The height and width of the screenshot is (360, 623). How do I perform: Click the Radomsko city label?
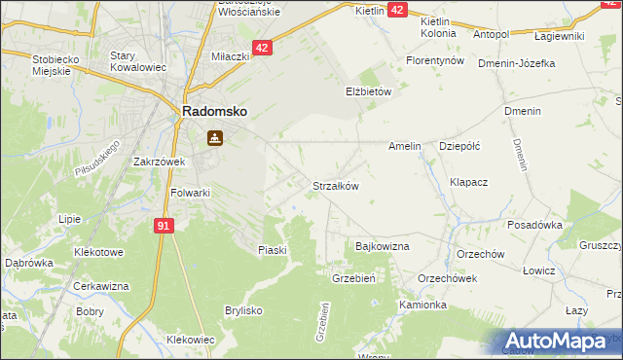pyautogui.click(x=214, y=112)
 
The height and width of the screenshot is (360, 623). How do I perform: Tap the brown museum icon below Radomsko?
pyautogui.click(x=212, y=138)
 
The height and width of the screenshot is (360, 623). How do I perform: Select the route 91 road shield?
pyautogui.click(x=164, y=226)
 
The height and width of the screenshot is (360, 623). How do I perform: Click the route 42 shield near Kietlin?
pyautogui.click(x=398, y=9)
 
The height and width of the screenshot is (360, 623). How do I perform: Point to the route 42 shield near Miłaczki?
pyautogui.click(x=262, y=47)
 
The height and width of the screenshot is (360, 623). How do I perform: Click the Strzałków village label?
pyautogui.click(x=336, y=186)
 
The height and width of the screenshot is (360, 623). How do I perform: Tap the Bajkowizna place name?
pyautogui.click(x=383, y=247)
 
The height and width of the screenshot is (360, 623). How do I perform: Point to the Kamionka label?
pyautogui.click(x=422, y=305)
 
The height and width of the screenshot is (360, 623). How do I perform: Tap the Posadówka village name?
pyautogui.click(x=535, y=224)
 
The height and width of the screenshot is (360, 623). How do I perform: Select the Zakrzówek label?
pyautogui.click(x=159, y=162)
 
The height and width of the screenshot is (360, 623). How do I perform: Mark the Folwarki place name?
pyautogui.click(x=191, y=193)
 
